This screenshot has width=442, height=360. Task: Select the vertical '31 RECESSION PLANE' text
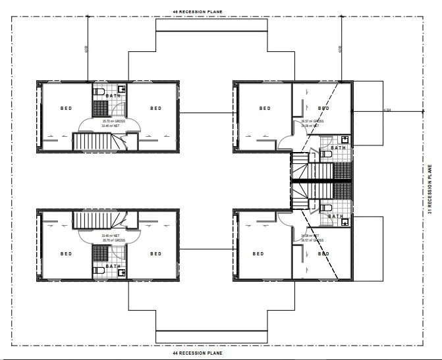click(430, 189)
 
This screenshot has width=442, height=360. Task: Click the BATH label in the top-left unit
click(113, 95)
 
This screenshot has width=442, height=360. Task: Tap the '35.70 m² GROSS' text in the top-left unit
click(111, 121)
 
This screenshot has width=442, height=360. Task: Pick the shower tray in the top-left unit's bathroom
click(100, 108)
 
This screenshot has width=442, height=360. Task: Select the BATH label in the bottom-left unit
click(113, 267)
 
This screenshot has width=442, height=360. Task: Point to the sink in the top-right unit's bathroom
click(345, 140)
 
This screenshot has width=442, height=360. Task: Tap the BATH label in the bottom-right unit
click(336, 216)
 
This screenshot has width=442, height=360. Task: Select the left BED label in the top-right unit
click(265, 109)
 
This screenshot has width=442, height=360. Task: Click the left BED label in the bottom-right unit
click(258, 253)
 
